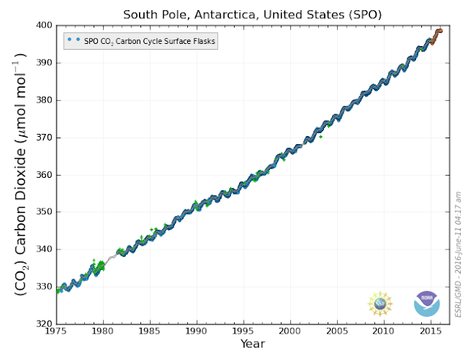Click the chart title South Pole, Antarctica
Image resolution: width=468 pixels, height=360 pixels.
[252, 15]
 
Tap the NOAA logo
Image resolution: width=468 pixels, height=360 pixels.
[426, 304]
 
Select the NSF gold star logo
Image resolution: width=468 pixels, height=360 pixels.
[380, 304]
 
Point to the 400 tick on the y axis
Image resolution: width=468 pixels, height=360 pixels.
[44, 26]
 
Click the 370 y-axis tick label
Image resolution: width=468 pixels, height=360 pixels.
[44, 138]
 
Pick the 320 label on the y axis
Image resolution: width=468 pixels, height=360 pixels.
[44, 324]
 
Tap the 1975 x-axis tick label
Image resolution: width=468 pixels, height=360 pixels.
[56, 331]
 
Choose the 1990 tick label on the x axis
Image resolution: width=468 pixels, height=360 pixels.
[197, 331]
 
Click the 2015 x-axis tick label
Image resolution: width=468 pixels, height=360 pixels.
[431, 331]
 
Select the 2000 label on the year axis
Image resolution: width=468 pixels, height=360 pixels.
[290, 331]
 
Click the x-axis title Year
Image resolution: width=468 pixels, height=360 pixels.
[253, 344]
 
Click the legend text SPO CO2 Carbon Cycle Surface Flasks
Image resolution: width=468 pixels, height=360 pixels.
[149, 41]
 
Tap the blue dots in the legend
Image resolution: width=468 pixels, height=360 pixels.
[74, 39]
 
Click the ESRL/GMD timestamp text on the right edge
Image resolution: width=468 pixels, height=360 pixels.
[458, 254]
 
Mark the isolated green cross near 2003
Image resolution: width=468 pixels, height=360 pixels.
[320, 137]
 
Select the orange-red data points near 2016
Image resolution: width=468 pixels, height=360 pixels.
[437, 35]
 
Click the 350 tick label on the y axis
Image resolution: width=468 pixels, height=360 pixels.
[44, 211]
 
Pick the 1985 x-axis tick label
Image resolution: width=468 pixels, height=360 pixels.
[150, 331]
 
